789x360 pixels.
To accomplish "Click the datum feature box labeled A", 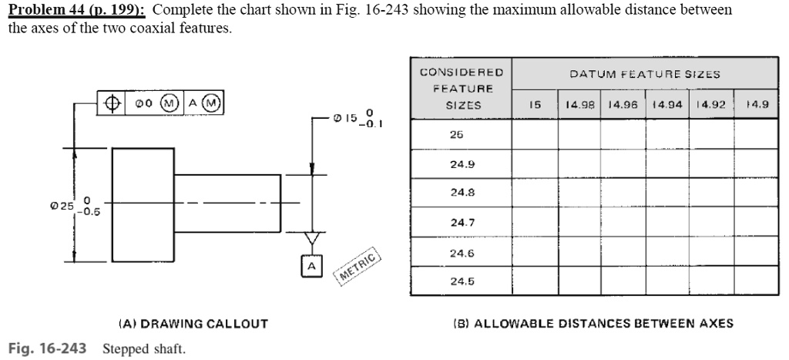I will click(311, 265).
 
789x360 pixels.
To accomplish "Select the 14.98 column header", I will click(579, 105).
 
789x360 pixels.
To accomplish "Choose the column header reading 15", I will click(534, 105).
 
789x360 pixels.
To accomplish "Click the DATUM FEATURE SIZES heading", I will click(644, 74).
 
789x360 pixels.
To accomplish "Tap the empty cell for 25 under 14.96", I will click(623, 134).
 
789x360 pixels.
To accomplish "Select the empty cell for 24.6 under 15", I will click(534, 252).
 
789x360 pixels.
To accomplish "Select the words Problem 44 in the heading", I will click(42, 10).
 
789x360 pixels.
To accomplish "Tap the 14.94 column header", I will click(667, 105).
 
